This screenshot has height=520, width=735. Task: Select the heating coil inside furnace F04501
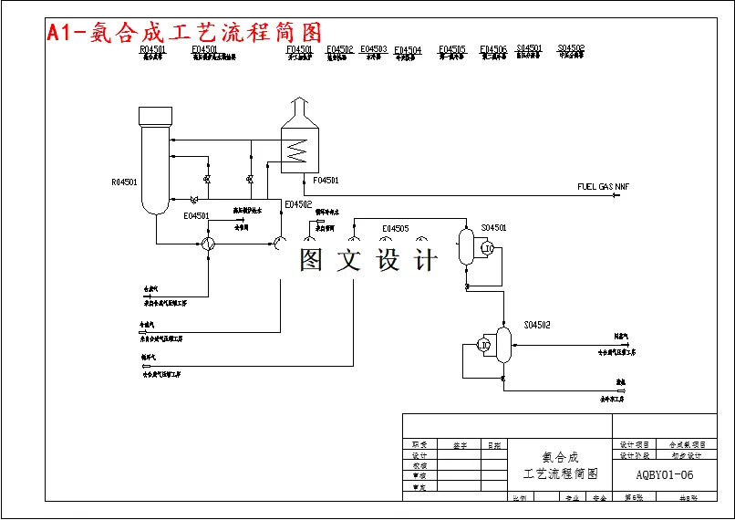pyautogui.click(x=294, y=149)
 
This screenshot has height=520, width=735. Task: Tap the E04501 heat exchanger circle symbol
pyautogui.click(x=208, y=244)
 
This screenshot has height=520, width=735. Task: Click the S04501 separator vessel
pyautogui.click(x=466, y=246)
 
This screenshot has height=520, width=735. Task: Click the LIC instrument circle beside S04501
pyautogui.click(x=488, y=248)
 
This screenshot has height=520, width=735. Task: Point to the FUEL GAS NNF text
pyautogui.click(x=603, y=187)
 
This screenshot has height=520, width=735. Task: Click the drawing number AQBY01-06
pyautogui.click(x=665, y=474)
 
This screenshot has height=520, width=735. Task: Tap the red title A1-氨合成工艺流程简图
pyautogui.click(x=183, y=33)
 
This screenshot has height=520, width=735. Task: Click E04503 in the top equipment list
pyautogui.click(x=373, y=49)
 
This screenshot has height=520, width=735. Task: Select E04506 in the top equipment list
pyautogui.click(x=493, y=49)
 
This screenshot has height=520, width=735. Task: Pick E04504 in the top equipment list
pyautogui.click(x=408, y=50)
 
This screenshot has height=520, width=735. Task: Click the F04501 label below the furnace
pyautogui.click(x=326, y=181)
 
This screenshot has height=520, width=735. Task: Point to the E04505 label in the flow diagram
pyautogui.click(x=396, y=229)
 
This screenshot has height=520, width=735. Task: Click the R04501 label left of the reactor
pyautogui.click(x=124, y=182)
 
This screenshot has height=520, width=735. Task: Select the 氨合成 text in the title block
pyautogui.click(x=560, y=456)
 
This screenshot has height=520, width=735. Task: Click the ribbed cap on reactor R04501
pyautogui.click(x=155, y=116)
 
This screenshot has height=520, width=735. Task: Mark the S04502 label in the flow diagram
pyautogui.click(x=536, y=325)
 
